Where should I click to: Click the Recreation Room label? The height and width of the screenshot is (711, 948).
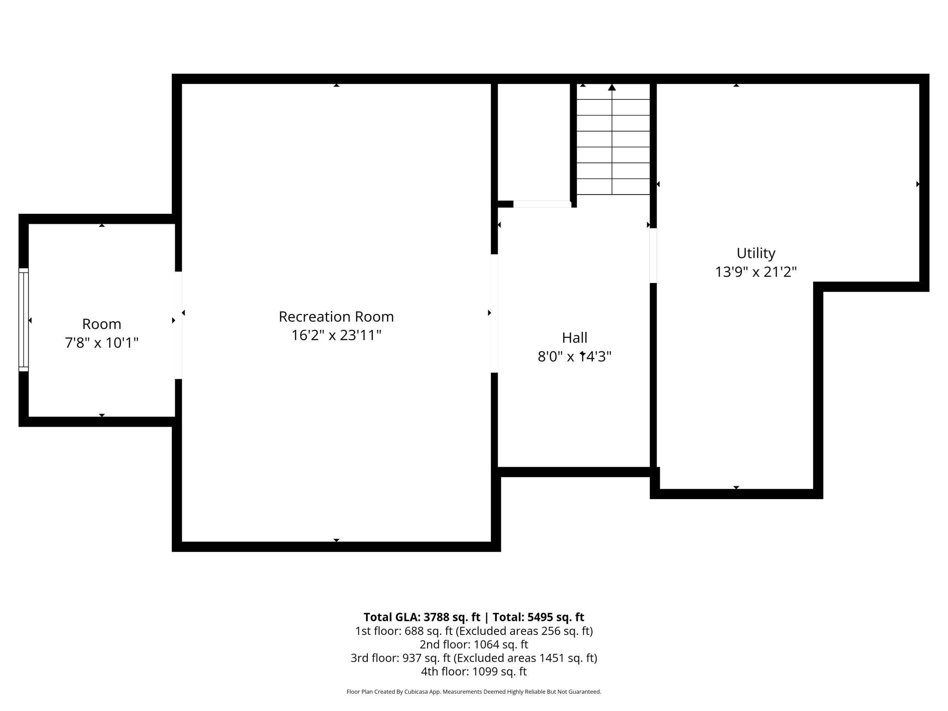(336, 316)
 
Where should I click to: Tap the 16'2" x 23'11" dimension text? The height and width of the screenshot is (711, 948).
(336, 335)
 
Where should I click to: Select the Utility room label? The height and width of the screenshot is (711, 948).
(756, 253)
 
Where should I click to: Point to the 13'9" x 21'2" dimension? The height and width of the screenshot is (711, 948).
(756, 272)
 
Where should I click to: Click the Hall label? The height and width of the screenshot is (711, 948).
(574, 338)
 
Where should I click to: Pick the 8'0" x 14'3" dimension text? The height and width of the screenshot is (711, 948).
(574, 356)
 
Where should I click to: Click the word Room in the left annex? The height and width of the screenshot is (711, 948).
(102, 324)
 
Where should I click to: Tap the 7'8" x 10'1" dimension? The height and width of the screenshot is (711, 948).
(102, 343)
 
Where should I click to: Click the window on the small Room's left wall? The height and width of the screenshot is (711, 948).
(23, 320)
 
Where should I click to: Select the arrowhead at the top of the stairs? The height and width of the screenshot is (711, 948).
(612, 87)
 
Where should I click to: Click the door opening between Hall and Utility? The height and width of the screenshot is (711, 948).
(653, 255)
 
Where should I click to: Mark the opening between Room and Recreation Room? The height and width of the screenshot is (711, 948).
(179, 325)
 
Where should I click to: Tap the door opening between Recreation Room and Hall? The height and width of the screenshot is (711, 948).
(494, 313)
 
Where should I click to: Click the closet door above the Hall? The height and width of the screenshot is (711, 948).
(542, 204)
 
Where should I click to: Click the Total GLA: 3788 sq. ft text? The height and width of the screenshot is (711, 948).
(422, 617)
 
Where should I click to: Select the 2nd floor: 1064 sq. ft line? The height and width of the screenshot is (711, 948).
(474, 644)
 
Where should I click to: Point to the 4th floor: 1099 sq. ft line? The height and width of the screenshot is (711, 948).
(474, 671)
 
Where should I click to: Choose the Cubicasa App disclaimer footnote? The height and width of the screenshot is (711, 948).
(474, 692)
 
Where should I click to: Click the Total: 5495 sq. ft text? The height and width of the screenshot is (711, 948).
(538, 617)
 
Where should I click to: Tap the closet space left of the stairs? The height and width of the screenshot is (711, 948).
(533, 141)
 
